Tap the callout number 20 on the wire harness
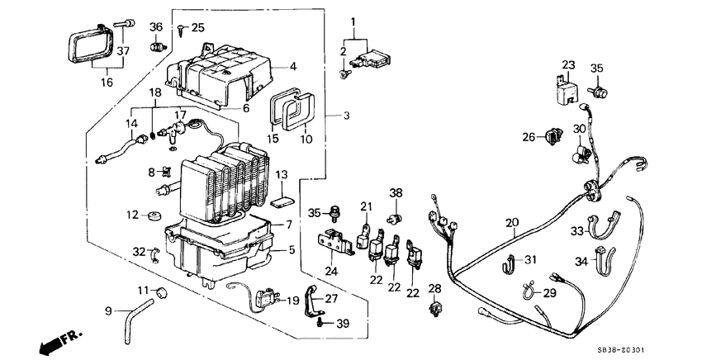(512, 222)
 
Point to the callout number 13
(281, 175)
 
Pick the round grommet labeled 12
(154, 217)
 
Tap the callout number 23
(568, 64)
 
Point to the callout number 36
(154, 26)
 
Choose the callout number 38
(396, 193)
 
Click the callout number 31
(530, 261)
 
